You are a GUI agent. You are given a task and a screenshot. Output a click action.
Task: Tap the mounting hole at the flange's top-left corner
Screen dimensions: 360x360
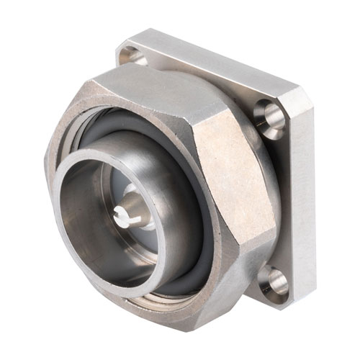point(131,55)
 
